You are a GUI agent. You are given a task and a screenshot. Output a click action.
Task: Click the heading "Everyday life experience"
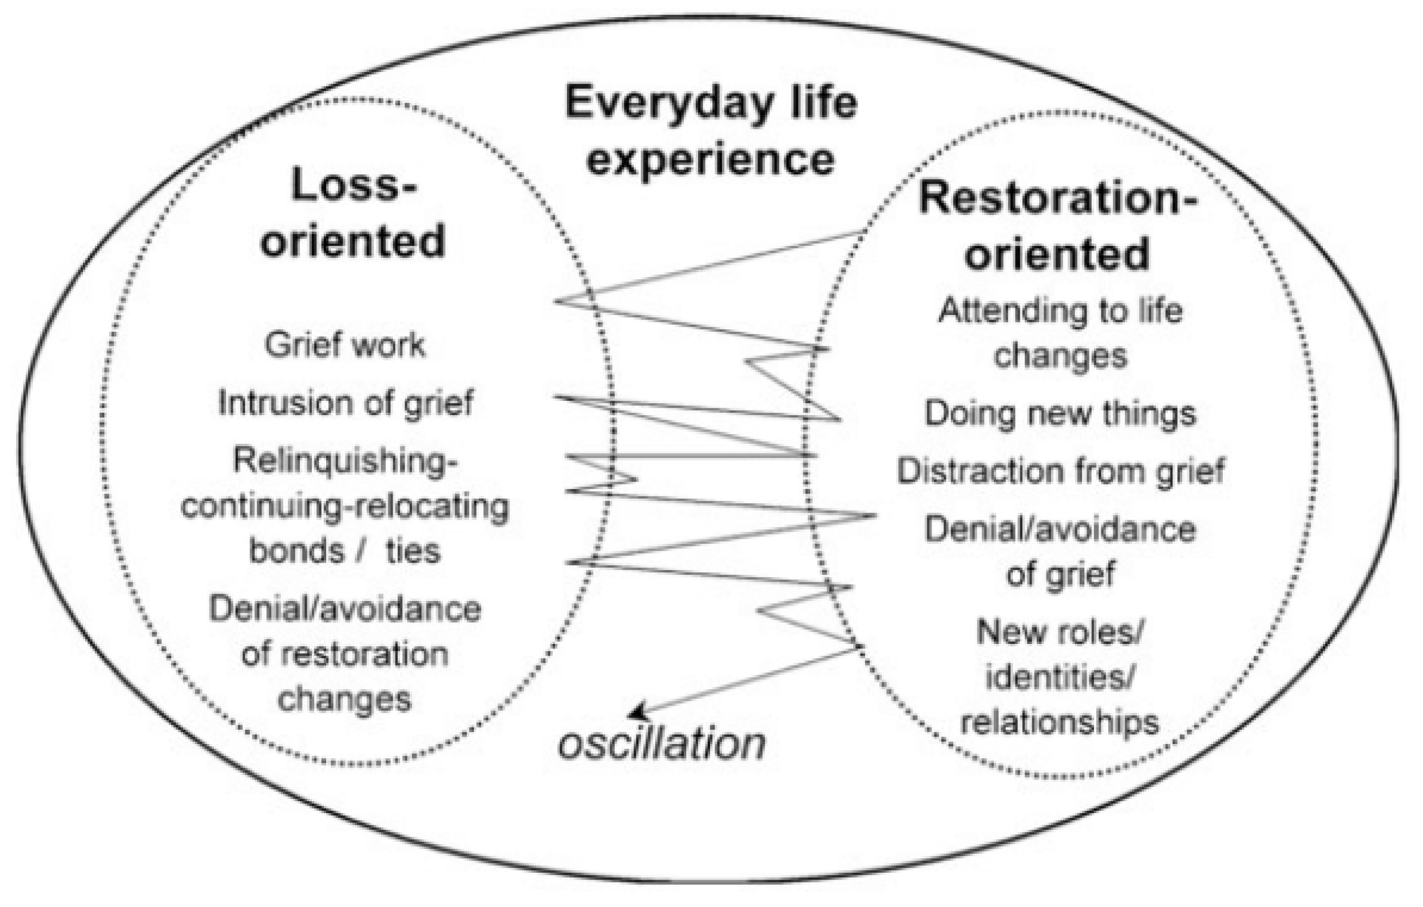click(710, 131)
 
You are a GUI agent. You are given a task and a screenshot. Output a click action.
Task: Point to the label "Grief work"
click(344, 345)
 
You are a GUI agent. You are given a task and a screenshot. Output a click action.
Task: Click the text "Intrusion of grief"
click(346, 404)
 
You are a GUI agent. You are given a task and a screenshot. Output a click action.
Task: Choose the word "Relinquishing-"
click(346, 460)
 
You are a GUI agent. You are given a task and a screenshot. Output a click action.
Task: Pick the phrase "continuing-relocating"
click(344, 507)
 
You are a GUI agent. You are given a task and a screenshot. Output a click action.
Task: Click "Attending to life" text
click(1061, 311)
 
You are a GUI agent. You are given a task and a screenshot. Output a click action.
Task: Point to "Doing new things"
click(1061, 413)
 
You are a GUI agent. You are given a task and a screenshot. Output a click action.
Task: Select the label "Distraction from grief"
click(1061, 471)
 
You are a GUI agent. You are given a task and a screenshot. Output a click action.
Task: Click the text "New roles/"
click(1061, 633)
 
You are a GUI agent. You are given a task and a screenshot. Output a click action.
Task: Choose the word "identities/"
click(1061, 678)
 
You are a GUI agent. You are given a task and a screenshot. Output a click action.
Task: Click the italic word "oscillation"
click(662, 744)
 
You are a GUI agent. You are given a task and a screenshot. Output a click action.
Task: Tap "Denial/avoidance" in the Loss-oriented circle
click(344, 610)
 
